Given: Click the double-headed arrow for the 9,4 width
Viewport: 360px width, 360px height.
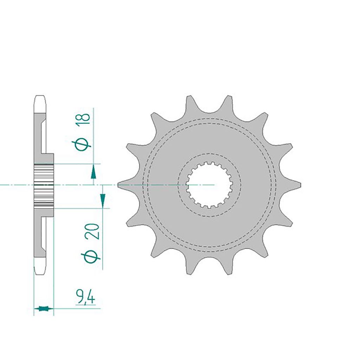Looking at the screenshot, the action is pos(44,308).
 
